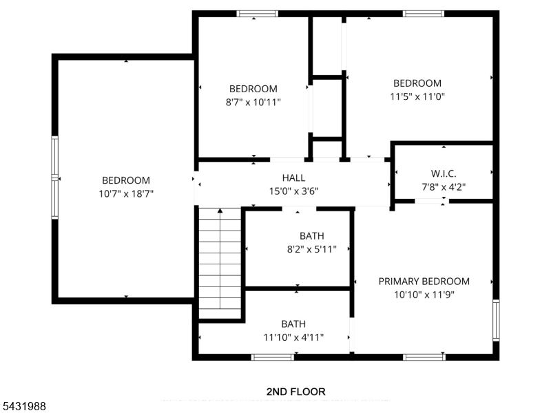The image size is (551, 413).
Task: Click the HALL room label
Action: click(x=293, y=178)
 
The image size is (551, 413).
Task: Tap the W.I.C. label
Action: click(x=444, y=173)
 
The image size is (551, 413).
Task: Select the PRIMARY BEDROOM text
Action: click(x=424, y=282)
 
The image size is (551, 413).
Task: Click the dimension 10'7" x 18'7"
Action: click(x=126, y=193)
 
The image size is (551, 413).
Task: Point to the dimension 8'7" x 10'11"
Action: click(x=253, y=102)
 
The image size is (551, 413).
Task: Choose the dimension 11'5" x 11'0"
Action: click(x=417, y=96)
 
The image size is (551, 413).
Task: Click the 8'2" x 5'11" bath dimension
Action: click(x=312, y=249)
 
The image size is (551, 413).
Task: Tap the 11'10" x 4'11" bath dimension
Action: click(x=293, y=337)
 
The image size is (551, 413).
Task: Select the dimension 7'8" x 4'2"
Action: click(x=444, y=187)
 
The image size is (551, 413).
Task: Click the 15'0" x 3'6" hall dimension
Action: click(x=293, y=191)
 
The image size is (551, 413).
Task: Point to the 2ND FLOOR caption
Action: click(x=296, y=392)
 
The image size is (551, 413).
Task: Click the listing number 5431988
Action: click(x=23, y=406)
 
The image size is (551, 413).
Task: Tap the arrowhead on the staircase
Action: click(x=220, y=211)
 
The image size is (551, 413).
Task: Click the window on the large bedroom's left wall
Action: click(x=55, y=178)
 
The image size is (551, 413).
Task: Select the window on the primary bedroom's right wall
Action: click(x=496, y=320)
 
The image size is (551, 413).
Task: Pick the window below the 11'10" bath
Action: click(x=273, y=357)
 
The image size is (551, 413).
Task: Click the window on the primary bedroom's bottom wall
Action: click(x=424, y=357)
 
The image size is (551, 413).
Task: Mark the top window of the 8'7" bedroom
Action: click(x=257, y=14)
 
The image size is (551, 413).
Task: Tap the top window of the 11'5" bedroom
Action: click(x=424, y=14)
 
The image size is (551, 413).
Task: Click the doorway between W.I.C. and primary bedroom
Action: click(x=432, y=201)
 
